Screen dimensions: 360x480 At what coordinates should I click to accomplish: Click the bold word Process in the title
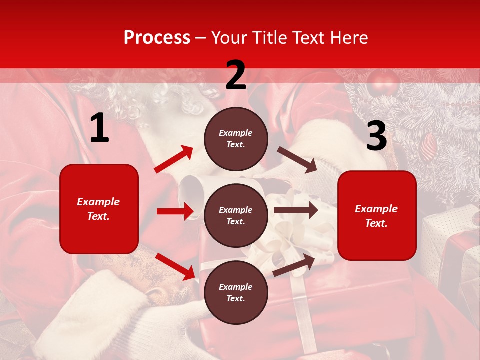coord(157,38)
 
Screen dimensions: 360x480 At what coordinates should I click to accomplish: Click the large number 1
coord(99,128)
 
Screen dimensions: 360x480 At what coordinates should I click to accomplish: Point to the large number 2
coord(236,75)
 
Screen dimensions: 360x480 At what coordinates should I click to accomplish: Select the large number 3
coord(376,136)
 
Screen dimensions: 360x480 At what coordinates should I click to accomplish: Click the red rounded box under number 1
coord(99,209)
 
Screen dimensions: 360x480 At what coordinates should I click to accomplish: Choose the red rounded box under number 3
coord(377,215)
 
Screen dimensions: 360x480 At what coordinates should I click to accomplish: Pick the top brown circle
coord(236,139)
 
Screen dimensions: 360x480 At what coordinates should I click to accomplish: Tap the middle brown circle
coord(236,215)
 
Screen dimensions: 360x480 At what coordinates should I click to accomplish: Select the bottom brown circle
coord(236,292)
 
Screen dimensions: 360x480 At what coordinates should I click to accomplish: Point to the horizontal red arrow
coord(175,211)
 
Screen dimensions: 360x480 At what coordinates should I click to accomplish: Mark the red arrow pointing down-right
coord(175,266)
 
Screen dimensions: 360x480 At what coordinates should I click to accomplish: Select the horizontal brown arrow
coord(295,210)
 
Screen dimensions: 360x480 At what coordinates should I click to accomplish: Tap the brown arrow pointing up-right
coord(294,265)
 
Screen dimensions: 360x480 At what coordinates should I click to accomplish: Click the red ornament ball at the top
coord(383,82)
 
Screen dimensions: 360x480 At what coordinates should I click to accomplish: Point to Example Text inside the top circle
coord(236,139)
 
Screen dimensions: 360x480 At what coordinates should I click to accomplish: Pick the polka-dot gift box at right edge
coord(450,235)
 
